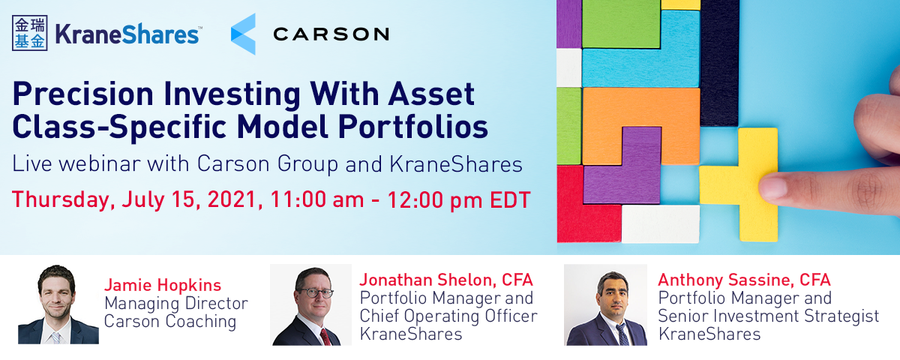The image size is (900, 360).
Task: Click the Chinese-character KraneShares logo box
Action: tap(30, 33)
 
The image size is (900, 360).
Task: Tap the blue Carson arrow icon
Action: tap(244, 34)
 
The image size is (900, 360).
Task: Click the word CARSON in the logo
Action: tap(331, 34)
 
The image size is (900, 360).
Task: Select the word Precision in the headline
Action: tap(83, 94)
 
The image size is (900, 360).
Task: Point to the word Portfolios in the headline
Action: tap(413, 127)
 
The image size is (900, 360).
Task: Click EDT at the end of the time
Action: tap(510, 199)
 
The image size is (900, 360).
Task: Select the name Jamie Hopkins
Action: tap(163, 285)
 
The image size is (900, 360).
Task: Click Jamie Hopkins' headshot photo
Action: tap(58, 304)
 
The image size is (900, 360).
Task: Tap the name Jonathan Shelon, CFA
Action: tap(446, 280)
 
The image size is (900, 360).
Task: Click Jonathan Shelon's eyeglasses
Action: tap(316, 292)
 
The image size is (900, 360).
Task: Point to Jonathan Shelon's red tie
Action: tap(325, 337)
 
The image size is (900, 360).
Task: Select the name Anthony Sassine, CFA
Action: tap(744, 280)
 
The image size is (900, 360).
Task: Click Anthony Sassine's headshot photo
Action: tap(605, 304)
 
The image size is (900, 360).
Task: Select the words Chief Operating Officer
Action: tap(448, 316)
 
